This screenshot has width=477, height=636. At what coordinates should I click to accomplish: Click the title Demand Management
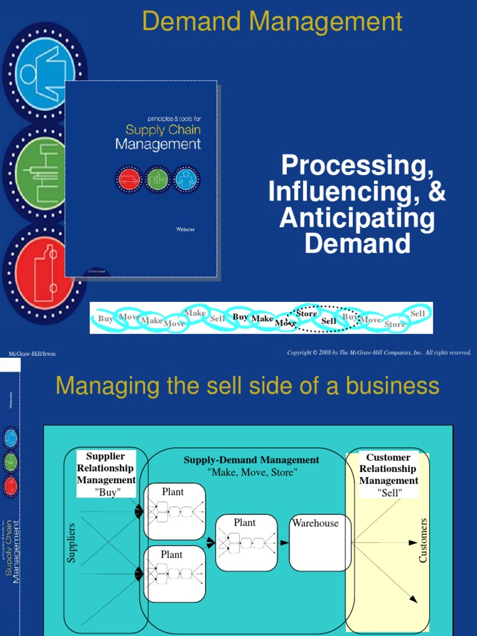[x=272, y=22]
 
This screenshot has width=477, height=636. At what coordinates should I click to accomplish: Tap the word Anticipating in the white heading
[x=357, y=218]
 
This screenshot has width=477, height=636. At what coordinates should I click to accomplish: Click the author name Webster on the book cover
[x=186, y=230]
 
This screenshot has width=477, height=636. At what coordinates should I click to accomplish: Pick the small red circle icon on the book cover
[x=127, y=179]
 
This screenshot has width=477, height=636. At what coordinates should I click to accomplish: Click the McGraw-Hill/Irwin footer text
[x=32, y=354]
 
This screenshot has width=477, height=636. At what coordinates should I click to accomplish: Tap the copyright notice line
[x=379, y=353]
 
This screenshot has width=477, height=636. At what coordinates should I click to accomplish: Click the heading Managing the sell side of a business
[x=247, y=386]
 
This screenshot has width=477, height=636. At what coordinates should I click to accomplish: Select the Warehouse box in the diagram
[x=320, y=542]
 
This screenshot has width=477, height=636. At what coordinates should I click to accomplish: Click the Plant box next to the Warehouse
[x=246, y=542]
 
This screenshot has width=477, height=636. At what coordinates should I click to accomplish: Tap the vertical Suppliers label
[x=71, y=543]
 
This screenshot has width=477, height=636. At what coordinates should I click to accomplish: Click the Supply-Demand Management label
[x=251, y=460]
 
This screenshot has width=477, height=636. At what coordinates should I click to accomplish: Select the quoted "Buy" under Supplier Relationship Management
[x=107, y=493]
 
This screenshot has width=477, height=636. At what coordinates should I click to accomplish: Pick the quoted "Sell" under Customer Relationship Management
[x=389, y=493]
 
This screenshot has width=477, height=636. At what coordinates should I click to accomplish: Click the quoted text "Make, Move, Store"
[x=252, y=473]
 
